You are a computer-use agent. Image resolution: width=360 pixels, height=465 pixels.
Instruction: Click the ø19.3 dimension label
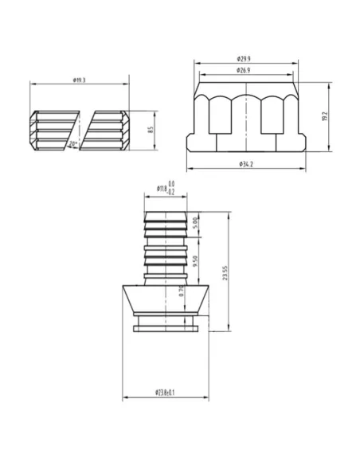tap(79, 80)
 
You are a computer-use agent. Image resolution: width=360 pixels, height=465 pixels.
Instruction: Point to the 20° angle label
tap(74, 144)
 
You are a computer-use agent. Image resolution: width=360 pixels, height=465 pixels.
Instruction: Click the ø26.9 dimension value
tap(245, 71)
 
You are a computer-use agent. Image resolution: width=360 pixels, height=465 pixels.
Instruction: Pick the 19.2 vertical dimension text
tap(324, 116)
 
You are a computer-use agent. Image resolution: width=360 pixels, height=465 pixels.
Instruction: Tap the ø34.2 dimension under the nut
tap(245, 164)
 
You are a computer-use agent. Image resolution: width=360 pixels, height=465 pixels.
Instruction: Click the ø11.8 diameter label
tap(162, 189)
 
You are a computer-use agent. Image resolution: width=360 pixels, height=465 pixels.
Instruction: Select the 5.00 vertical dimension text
tap(197, 221)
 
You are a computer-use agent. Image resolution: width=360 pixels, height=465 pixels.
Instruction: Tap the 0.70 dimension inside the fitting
tap(182, 291)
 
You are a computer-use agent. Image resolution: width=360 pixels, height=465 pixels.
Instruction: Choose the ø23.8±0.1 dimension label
tap(166, 393)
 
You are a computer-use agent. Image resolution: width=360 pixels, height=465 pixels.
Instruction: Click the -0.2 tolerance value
tap(171, 193)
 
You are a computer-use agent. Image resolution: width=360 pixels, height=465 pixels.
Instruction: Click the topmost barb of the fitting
tap(166, 214)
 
